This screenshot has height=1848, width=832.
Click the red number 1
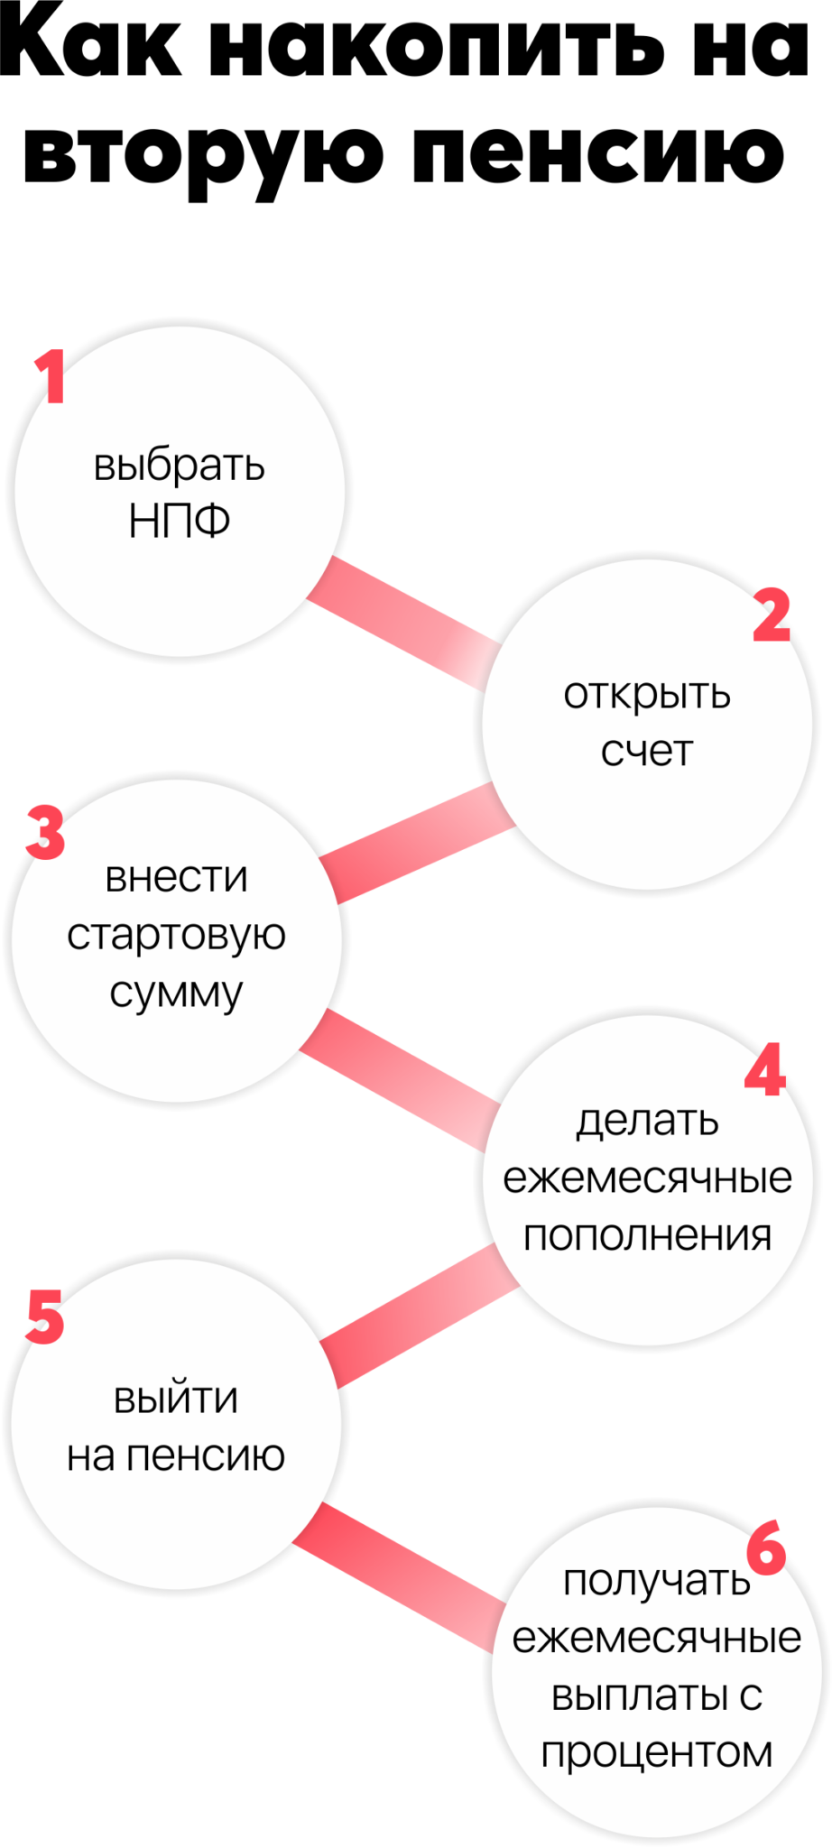51,376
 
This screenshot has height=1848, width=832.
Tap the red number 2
772,614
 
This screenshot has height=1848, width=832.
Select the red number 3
45,831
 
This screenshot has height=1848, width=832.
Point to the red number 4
765,1070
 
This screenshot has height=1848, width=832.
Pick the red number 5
44,1317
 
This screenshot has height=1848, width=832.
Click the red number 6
767,1547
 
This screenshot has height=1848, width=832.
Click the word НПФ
179,521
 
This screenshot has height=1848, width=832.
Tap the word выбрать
179,466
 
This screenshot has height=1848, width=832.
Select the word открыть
647,694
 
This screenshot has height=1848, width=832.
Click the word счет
647,751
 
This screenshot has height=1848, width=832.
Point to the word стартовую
176,934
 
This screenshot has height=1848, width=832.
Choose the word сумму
176,993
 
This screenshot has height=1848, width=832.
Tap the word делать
647,1120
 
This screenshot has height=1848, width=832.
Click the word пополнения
647,1235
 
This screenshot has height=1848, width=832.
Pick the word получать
656,1580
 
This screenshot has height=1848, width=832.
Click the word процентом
656,1752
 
